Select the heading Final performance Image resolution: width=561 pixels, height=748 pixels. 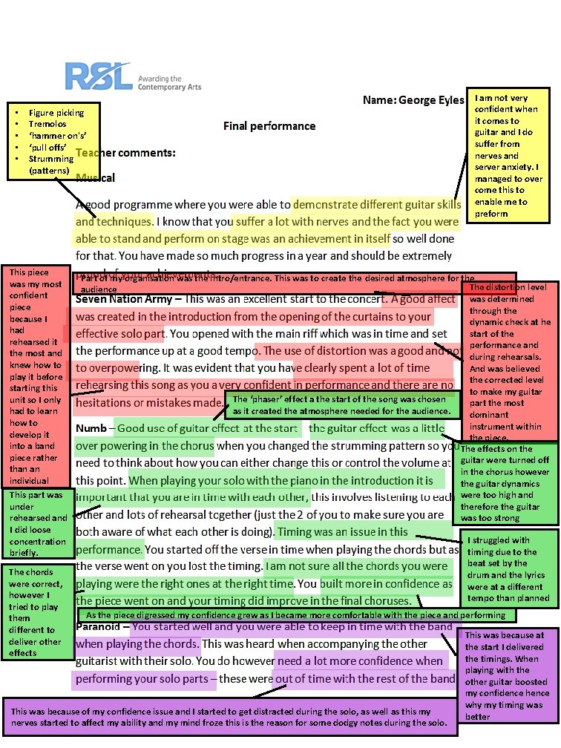[x=269, y=126]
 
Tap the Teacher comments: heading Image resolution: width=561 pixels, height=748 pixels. [x=126, y=153]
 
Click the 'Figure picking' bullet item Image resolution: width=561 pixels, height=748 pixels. [x=56, y=113]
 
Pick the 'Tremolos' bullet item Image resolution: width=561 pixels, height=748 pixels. [x=47, y=124]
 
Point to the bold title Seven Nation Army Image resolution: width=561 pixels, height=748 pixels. [x=128, y=299]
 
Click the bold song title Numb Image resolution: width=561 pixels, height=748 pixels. [x=92, y=428]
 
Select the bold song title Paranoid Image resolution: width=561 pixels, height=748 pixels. [x=102, y=627]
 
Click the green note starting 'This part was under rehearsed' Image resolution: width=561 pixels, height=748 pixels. [x=38, y=524]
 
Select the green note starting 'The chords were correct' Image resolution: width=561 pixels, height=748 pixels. [x=38, y=612]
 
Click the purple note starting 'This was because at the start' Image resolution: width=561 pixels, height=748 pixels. [x=509, y=675]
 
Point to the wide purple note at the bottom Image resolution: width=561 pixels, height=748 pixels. [x=229, y=717]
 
